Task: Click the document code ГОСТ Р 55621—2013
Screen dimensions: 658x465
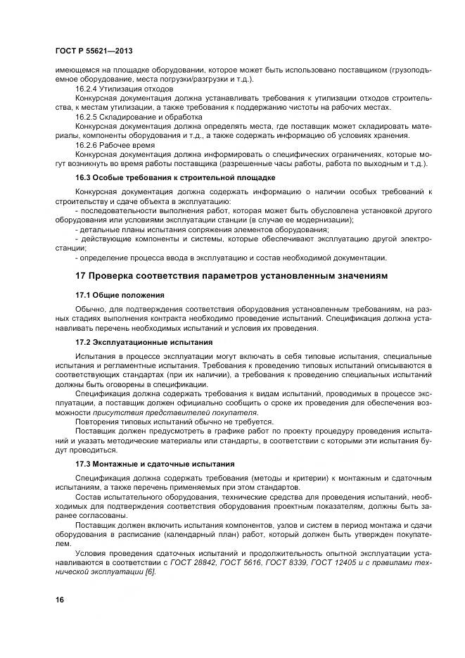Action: coord(94,52)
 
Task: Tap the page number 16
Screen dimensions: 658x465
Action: coord(59,599)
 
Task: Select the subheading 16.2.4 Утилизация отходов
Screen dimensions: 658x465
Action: coord(124,89)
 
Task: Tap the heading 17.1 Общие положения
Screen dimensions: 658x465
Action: coord(120,294)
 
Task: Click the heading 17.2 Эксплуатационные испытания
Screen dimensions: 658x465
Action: coord(144,341)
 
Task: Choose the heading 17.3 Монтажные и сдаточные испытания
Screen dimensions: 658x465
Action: coord(155,464)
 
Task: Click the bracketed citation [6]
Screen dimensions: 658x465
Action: coord(148,572)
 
